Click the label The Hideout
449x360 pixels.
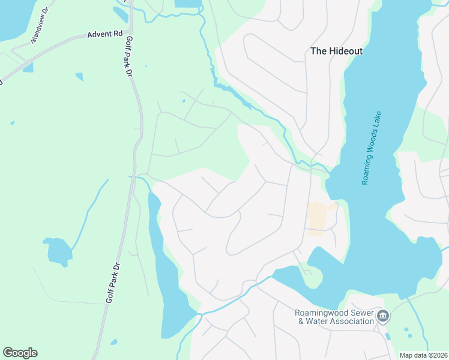click(336, 51)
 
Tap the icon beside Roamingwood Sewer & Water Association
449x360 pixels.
click(384, 316)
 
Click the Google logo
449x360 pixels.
click(20, 353)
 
